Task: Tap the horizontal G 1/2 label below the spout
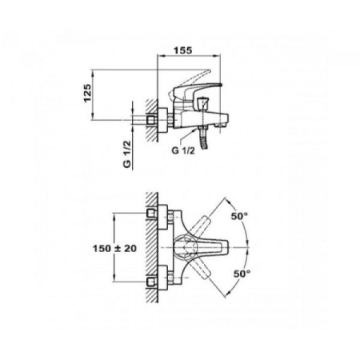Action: (183, 150)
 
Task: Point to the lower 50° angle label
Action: (242, 274)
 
